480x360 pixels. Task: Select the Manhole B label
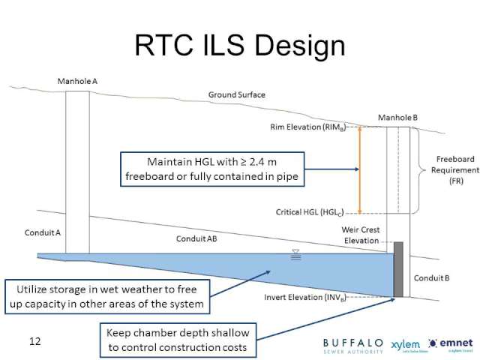click(x=397, y=118)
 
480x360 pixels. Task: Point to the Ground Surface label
click(x=236, y=95)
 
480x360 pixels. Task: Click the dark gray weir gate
click(x=397, y=268)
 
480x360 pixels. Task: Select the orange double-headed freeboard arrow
click(x=359, y=170)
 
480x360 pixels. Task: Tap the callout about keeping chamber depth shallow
click(x=177, y=340)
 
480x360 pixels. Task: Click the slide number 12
click(x=34, y=342)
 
